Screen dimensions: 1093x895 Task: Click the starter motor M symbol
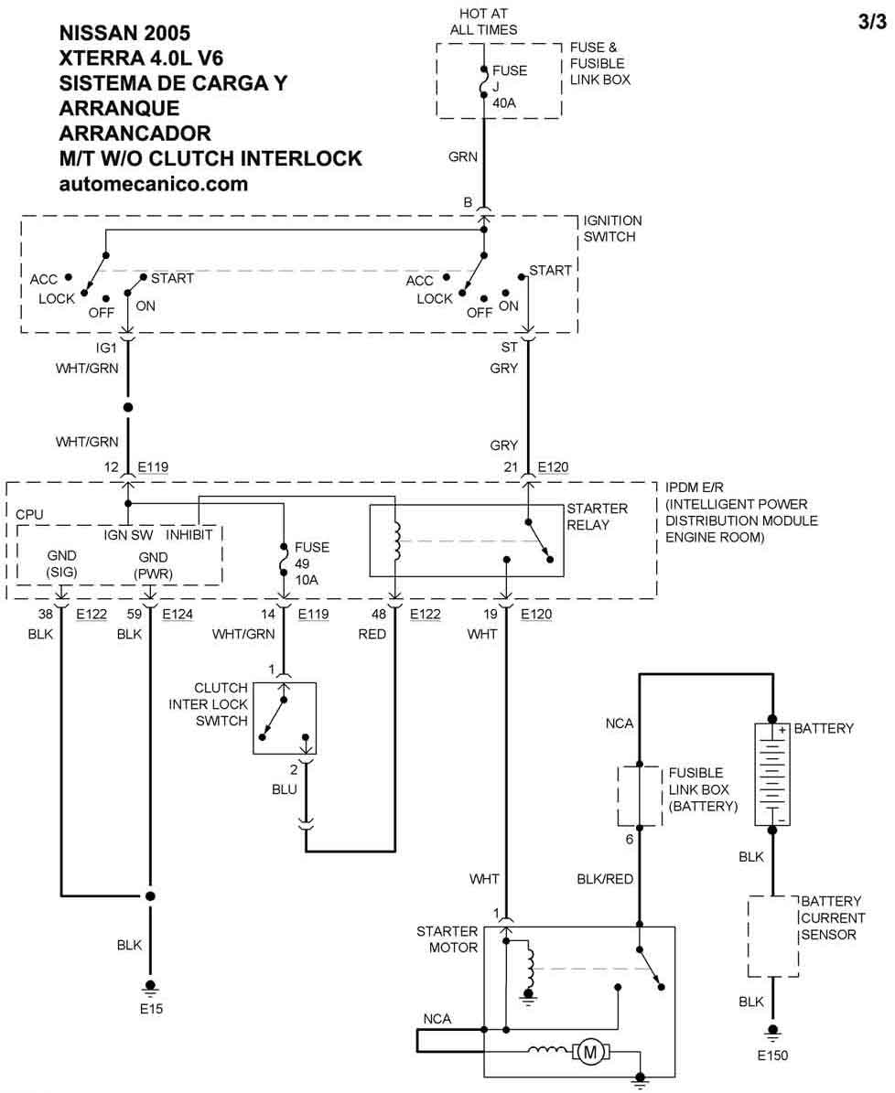591,1053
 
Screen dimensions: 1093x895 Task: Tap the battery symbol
771,774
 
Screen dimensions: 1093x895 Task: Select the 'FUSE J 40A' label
510,86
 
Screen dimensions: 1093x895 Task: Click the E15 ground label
152,1010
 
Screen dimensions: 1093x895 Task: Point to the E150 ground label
772,1055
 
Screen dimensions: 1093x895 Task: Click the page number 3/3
872,24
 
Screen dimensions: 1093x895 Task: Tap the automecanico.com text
153,184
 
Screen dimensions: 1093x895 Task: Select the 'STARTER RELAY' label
597,517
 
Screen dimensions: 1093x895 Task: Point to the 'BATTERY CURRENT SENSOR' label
832,917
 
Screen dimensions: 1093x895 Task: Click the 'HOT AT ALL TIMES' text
483,22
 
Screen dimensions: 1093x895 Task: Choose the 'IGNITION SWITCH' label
612,229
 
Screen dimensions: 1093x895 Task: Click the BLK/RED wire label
605,879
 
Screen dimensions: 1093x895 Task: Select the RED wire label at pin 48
372,633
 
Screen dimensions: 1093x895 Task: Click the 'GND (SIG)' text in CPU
62,564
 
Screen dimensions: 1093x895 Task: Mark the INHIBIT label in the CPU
189,533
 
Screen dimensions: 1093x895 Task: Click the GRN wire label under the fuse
463,157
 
